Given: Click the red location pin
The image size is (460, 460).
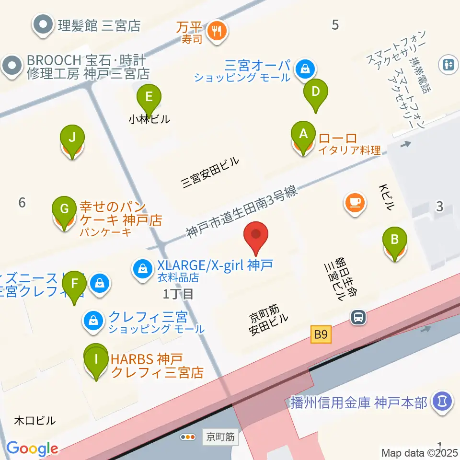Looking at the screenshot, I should point(256,236).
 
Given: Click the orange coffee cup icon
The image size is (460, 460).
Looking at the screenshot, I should point(355,202).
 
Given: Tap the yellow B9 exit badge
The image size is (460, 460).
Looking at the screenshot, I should point(321,334).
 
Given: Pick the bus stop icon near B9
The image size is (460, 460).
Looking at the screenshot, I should point(358,317).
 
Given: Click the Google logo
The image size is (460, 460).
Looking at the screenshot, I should point(32,448).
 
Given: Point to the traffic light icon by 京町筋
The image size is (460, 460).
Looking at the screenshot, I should point(188,437).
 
